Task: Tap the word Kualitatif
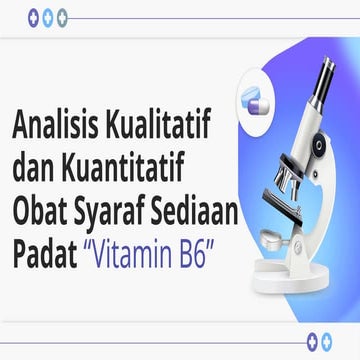pyautogui.click(x=150, y=126)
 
